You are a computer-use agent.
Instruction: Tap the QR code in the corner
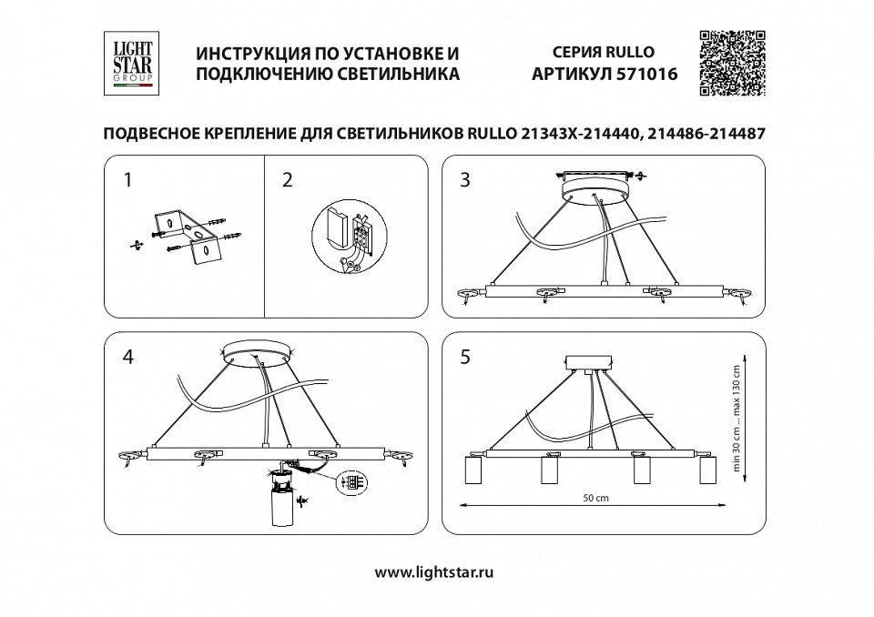(731, 63)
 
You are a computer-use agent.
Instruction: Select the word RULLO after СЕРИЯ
(629, 53)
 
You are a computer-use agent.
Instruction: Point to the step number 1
(128, 180)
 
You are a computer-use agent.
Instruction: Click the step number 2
(288, 180)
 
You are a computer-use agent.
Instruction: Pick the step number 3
(465, 180)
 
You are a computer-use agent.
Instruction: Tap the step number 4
(128, 358)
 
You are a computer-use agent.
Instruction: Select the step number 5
(465, 358)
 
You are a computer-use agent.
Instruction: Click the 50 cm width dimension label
(596, 499)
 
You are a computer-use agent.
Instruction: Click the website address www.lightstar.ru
(434, 573)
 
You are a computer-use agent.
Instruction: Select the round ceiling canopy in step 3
(597, 189)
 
